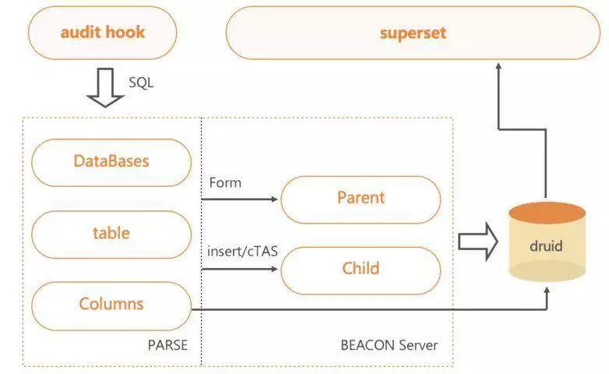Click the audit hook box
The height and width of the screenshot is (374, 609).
point(102,33)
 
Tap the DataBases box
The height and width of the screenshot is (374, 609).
point(111,161)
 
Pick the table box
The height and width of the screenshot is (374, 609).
point(111,233)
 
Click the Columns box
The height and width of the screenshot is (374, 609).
point(111,303)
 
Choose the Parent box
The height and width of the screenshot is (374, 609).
point(361,198)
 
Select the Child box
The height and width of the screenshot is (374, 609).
point(361,269)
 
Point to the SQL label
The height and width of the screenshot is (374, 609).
point(141,82)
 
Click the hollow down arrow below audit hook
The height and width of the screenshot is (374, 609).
point(105,87)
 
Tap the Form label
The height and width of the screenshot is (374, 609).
point(225,183)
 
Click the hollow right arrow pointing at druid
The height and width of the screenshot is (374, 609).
point(477,241)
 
